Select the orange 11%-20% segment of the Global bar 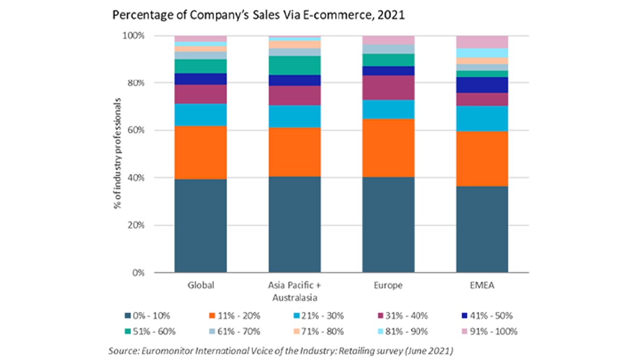point(200,153)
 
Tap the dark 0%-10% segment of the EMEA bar point(482,229)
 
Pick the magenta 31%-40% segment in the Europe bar point(388,88)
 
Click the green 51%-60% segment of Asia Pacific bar point(294,65)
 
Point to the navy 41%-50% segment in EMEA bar point(482,85)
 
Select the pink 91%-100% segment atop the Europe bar point(388,40)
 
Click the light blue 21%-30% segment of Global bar point(200,115)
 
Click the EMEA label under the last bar point(482,285)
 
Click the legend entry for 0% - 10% point(147,316)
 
